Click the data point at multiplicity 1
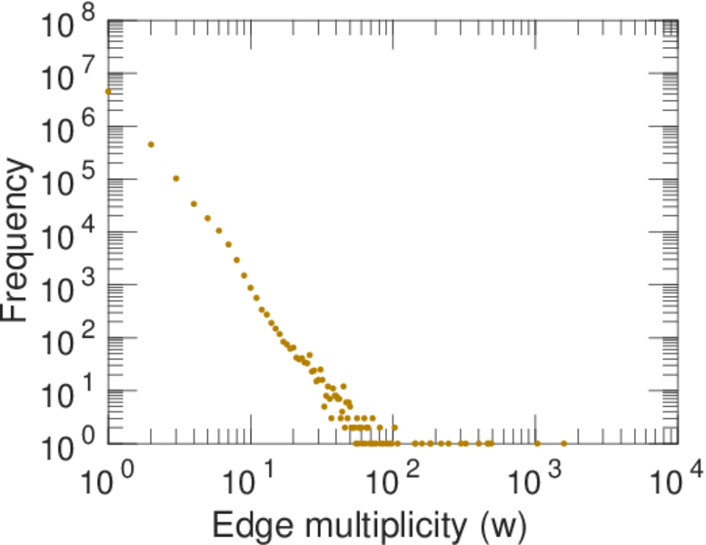click(x=108, y=91)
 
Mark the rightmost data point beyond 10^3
click(x=563, y=443)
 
